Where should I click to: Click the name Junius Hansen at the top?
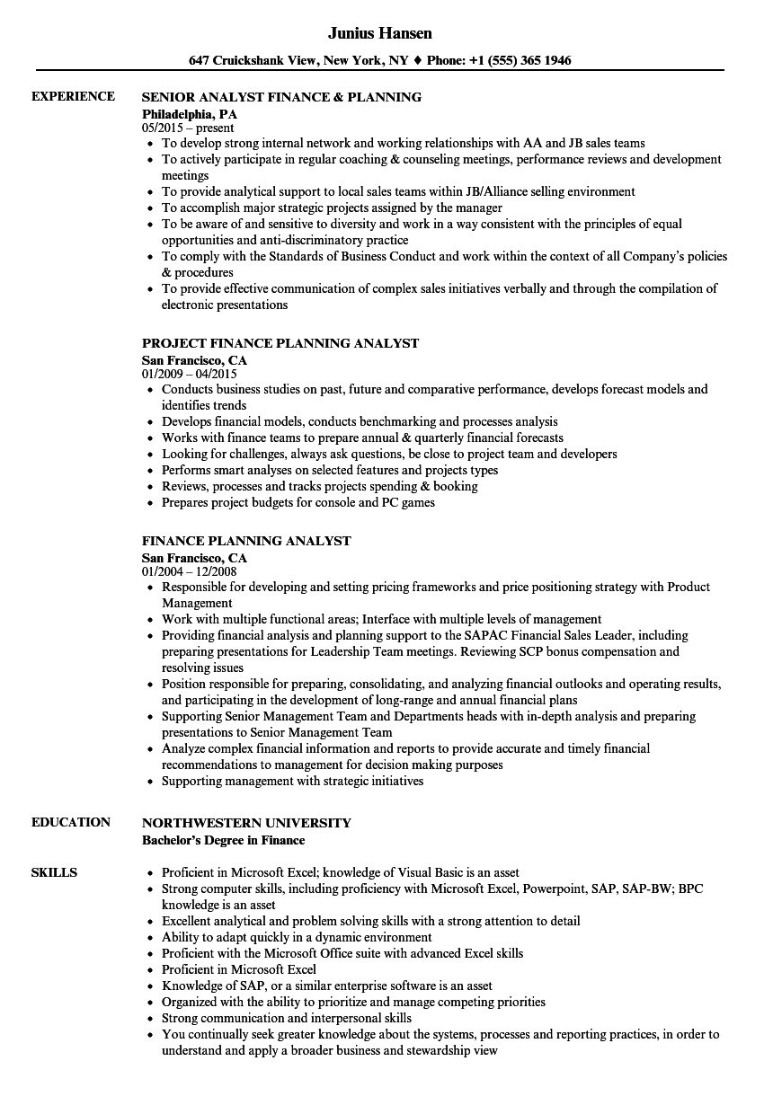point(379,33)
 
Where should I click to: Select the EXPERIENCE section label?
point(73,96)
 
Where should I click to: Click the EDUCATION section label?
point(71,822)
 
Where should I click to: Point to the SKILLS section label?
point(54,872)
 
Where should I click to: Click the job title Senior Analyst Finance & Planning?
point(281,97)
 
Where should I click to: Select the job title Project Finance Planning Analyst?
point(280,343)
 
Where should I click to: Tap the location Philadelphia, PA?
point(190,114)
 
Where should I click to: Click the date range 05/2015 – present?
point(188,128)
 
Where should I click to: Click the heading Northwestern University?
point(246,823)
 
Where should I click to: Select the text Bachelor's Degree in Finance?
point(223,840)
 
